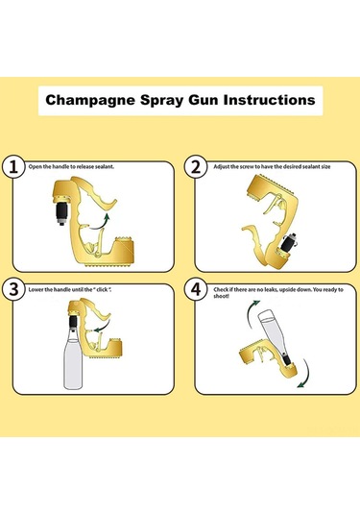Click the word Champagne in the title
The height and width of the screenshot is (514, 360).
[x=90, y=100]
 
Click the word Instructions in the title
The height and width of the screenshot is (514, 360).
[x=269, y=100]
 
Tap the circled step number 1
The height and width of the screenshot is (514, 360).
[x=13, y=167]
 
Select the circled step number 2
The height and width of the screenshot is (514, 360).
[x=196, y=167]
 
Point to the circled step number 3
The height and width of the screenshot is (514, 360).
[x=13, y=289]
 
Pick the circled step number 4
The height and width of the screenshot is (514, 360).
[x=196, y=289]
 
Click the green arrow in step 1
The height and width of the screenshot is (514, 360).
[x=101, y=222]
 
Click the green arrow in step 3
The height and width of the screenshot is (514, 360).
[x=103, y=326]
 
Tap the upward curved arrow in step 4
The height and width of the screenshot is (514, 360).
[x=251, y=312]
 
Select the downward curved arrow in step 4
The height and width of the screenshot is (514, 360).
[x=304, y=375]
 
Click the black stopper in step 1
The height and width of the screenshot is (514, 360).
[x=62, y=213]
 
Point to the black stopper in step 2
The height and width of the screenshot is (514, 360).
[x=289, y=243]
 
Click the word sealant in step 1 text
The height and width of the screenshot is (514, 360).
[x=105, y=167]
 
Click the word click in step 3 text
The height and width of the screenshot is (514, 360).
[x=102, y=290]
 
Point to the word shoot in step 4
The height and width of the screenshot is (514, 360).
[x=221, y=296]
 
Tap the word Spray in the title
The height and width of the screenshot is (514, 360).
[x=161, y=100]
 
